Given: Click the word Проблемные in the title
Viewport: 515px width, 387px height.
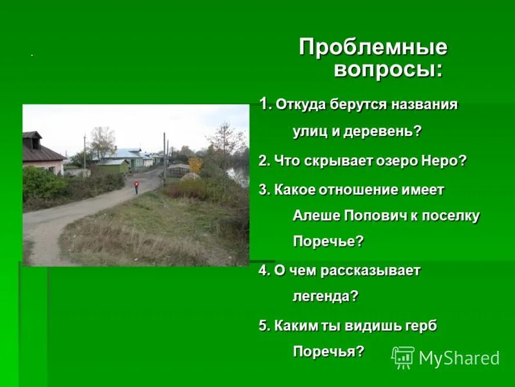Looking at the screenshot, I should coord(373,48).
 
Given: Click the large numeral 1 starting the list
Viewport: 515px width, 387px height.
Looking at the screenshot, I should coord(264,103).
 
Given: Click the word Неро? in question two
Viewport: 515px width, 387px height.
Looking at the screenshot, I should coord(441,161).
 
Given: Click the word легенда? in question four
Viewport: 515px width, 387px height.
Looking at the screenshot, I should coord(326,297).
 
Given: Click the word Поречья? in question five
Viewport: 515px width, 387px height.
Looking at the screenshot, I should coord(328,352).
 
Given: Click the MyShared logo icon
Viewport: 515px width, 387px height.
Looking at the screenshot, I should coord(403,357).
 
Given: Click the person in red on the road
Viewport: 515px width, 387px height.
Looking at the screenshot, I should coord(136,187).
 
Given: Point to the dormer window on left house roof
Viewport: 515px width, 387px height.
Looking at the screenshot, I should coord(35,143).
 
